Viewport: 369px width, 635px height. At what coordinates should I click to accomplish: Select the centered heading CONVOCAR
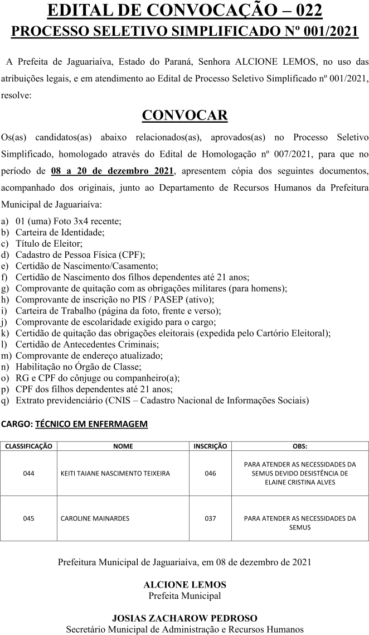[x=184, y=115]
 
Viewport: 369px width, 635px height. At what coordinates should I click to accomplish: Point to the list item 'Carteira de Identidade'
[x=60, y=232]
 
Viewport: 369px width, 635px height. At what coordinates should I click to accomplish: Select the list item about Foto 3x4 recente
[x=69, y=220]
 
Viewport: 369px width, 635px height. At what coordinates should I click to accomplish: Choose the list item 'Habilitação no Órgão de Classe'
[x=78, y=367]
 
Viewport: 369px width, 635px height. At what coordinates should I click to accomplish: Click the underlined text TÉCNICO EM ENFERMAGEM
[x=91, y=424]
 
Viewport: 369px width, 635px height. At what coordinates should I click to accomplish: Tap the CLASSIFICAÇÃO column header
[x=29, y=446]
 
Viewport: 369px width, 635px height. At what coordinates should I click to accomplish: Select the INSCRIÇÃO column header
[x=210, y=446]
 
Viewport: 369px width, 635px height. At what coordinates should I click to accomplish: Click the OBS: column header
[x=299, y=446]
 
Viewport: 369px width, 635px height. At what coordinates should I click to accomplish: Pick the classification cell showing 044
[x=29, y=473]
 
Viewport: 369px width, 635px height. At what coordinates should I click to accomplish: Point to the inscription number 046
[x=210, y=473]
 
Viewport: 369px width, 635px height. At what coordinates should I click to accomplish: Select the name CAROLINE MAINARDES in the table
[x=95, y=518]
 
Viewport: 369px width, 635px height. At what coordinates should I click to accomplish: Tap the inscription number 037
[x=210, y=518]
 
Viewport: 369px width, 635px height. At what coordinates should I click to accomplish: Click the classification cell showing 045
[x=29, y=518]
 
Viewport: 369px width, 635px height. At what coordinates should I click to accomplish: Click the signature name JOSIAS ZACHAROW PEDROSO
[x=184, y=618]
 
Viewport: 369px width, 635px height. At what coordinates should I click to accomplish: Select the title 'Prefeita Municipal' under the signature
[x=184, y=595]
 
